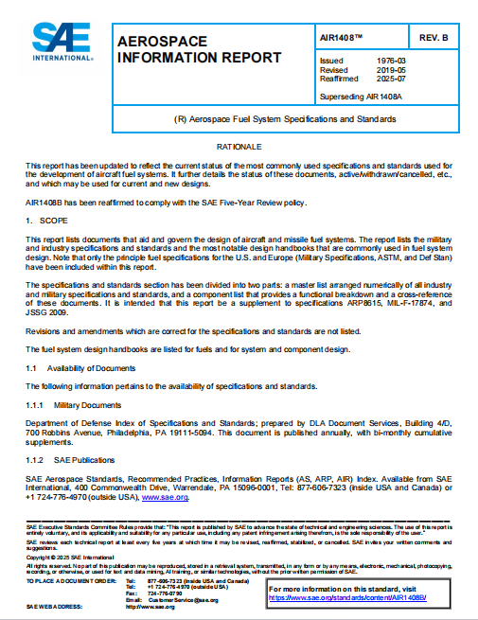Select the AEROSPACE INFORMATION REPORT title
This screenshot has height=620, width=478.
(x=198, y=50)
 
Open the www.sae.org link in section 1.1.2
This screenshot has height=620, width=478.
(x=165, y=496)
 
